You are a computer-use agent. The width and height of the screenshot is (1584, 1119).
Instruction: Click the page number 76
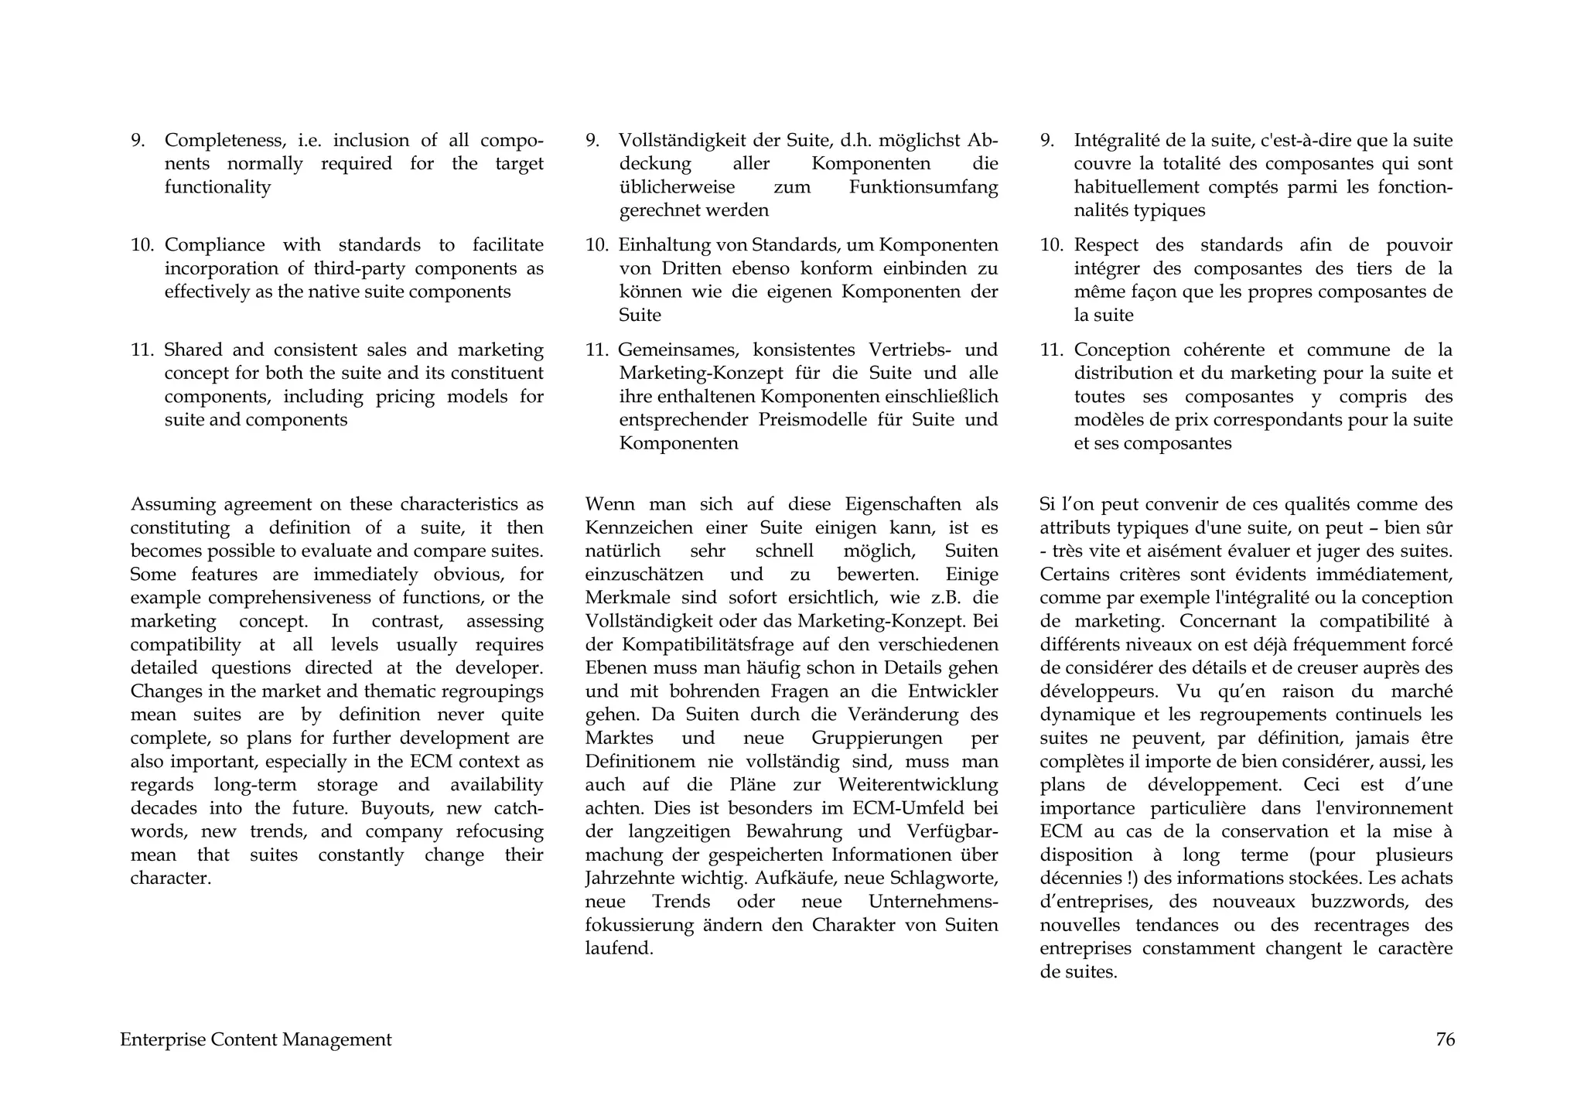point(1445,1040)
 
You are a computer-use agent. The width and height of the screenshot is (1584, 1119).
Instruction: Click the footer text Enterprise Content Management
point(255,1040)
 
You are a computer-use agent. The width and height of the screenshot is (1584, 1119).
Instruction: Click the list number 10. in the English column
point(143,245)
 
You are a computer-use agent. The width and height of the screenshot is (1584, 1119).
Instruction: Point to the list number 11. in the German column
point(598,350)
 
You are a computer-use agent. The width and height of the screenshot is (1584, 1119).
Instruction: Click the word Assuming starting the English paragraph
point(172,504)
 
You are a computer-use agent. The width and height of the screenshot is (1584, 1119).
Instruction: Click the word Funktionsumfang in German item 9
point(923,187)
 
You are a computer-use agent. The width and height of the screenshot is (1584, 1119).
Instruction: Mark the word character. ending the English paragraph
point(171,878)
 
